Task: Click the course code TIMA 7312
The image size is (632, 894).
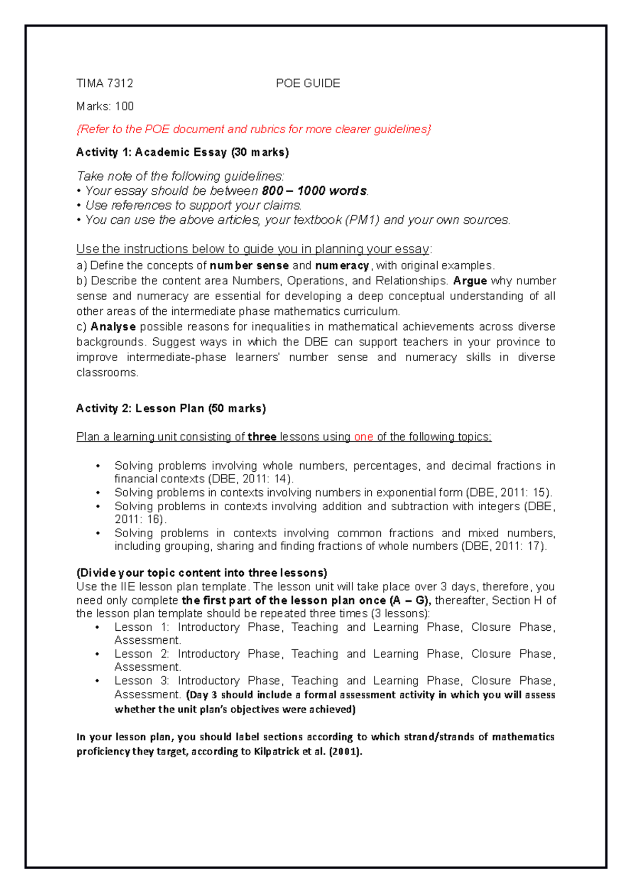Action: (x=104, y=83)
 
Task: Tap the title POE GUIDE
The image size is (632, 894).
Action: (x=308, y=83)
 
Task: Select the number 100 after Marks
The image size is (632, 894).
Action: (x=124, y=106)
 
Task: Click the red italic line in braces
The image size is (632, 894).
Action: (x=253, y=130)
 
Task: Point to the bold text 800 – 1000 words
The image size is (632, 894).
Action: (x=314, y=191)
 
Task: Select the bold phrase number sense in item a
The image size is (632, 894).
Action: (x=249, y=265)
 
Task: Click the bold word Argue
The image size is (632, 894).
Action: (x=469, y=281)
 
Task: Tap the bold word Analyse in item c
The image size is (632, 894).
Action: (x=113, y=326)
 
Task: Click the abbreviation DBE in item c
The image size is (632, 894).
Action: (x=316, y=342)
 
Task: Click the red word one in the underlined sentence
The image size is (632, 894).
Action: (x=363, y=437)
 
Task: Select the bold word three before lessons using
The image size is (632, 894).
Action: (x=262, y=437)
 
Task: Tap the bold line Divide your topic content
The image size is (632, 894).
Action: (x=202, y=573)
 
